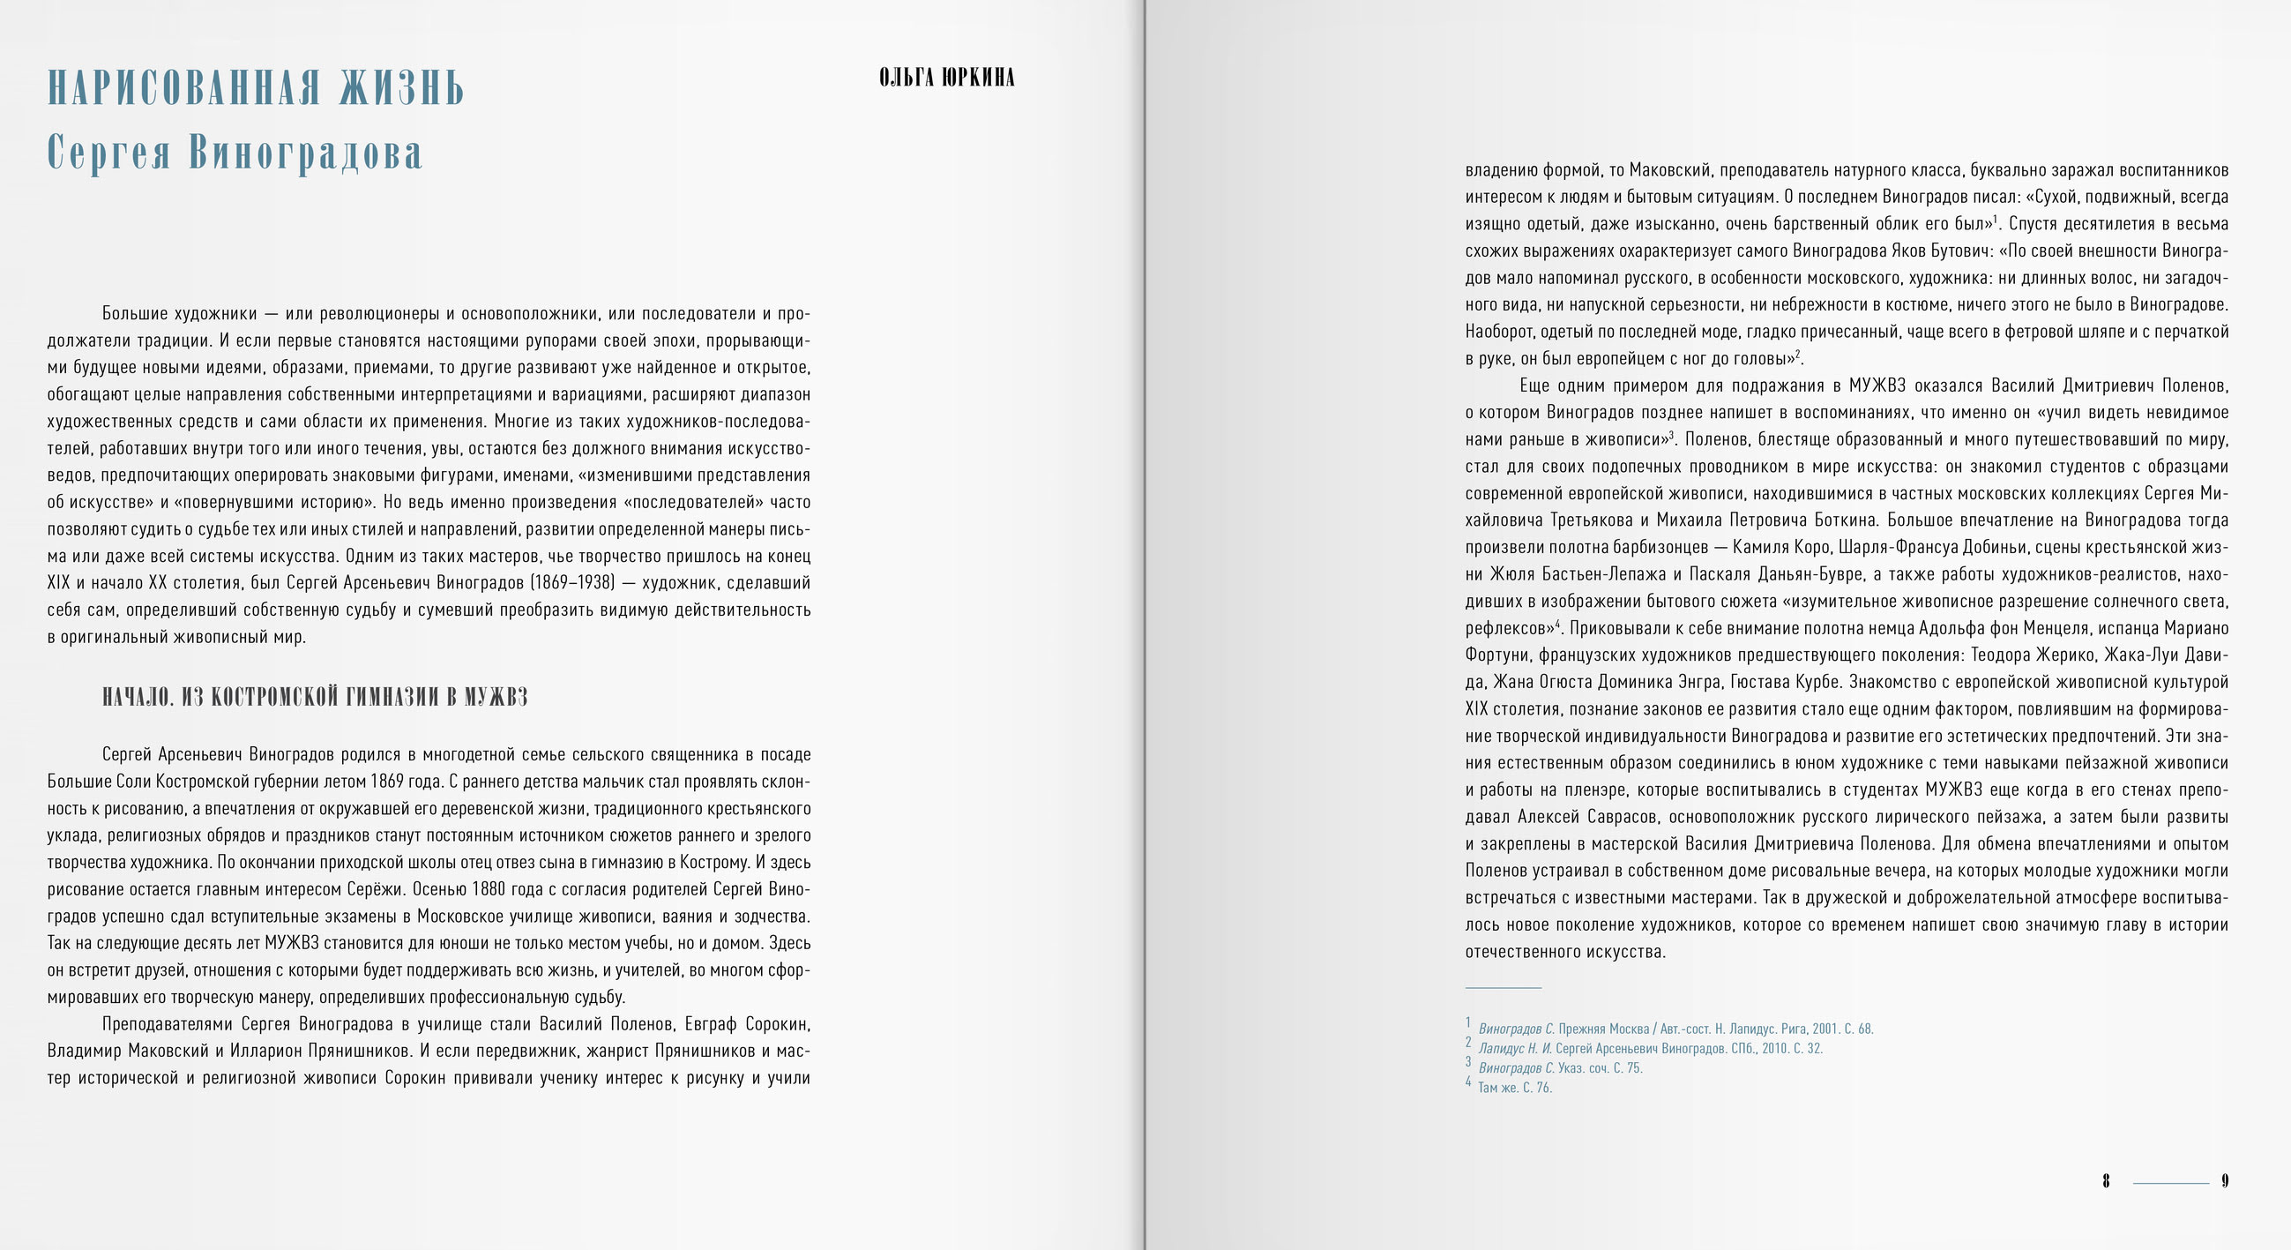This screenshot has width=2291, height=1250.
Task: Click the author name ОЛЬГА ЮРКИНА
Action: click(946, 79)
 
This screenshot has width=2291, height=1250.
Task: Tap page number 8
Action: click(2106, 1181)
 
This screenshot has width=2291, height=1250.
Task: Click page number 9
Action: click(2225, 1181)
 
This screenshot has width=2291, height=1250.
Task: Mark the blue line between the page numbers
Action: click(2171, 1183)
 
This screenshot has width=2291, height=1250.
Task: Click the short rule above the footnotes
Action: click(1503, 987)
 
